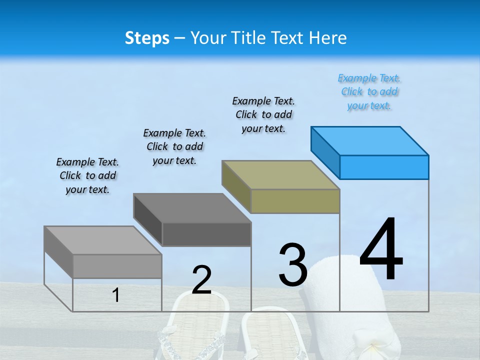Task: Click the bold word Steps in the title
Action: pyautogui.click(x=147, y=38)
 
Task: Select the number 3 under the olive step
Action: pyautogui.click(x=293, y=265)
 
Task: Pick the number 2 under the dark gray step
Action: pyautogui.click(x=201, y=280)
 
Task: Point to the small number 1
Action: pyautogui.click(x=115, y=295)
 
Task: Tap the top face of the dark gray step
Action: pyautogui.click(x=192, y=207)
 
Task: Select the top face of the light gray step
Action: pyautogui.click(x=103, y=240)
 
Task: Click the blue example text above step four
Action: pyautogui.click(x=369, y=92)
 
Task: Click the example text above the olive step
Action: pyautogui.click(x=263, y=114)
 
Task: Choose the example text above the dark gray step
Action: pyautogui.click(x=174, y=146)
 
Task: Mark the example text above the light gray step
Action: pyautogui.click(x=87, y=175)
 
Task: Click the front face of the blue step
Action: pyautogui.click(x=384, y=167)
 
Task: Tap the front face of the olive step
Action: pyautogui.click(x=295, y=201)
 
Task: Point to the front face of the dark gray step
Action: pyautogui.click(x=206, y=234)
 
